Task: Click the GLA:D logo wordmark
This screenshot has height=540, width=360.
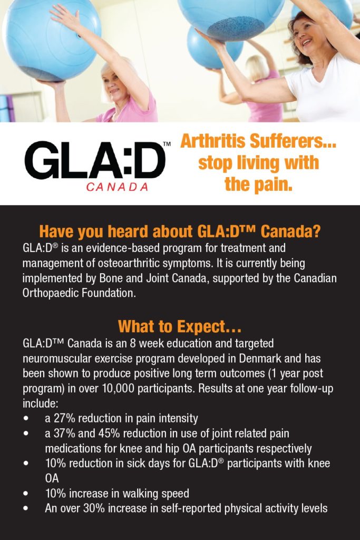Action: click(x=95, y=160)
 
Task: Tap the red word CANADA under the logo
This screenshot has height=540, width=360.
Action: click(x=117, y=187)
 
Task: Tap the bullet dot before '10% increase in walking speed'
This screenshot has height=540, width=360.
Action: click(x=26, y=494)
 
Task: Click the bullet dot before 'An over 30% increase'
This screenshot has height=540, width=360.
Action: click(x=26, y=509)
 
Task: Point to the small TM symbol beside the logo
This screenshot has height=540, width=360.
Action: click(x=167, y=143)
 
